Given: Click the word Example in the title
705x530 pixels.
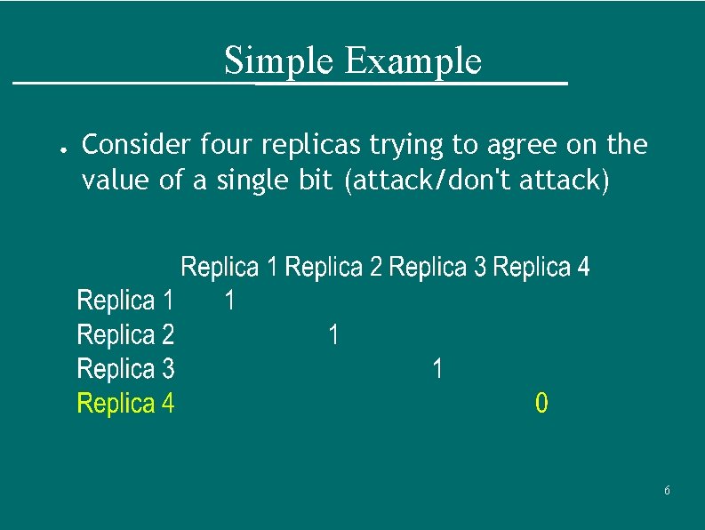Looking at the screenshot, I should click(x=413, y=61).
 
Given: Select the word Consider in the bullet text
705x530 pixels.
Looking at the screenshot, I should click(x=136, y=144).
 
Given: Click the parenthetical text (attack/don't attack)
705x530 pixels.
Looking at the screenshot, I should click(x=477, y=181).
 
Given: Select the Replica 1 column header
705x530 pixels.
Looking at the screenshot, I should click(x=229, y=267).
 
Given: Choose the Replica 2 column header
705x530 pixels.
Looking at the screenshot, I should click(x=334, y=267).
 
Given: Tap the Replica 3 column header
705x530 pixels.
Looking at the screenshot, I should click(x=437, y=267).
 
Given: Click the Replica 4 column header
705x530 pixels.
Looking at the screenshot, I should click(x=541, y=267).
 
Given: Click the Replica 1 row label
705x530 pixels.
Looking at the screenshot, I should click(x=125, y=301).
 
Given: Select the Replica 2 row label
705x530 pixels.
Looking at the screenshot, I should click(x=125, y=335).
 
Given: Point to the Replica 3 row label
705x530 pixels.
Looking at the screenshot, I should click(x=125, y=369).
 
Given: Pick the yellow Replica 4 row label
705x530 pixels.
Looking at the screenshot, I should click(x=125, y=404).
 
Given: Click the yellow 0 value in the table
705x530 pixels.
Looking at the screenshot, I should click(x=541, y=404).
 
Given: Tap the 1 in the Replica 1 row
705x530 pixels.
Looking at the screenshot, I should click(x=229, y=301).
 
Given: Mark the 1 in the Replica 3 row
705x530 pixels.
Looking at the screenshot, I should click(x=437, y=369).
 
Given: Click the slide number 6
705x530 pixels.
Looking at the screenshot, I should click(x=667, y=491).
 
